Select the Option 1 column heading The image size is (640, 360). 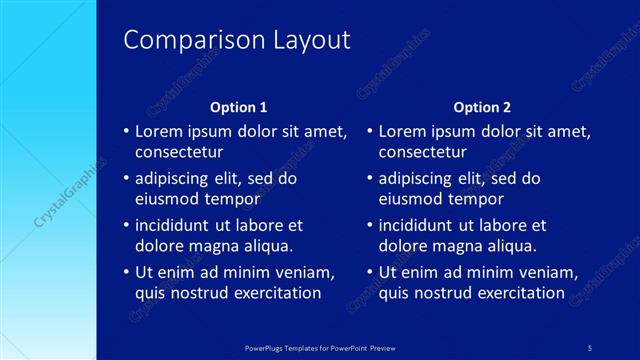(x=238, y=107)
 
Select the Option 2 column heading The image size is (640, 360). (x=482, y=107)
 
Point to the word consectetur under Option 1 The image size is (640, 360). (x=179, y=152)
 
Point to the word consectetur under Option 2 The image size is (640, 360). (x=423, y=152)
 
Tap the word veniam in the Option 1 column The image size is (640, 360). (x=307, y=271)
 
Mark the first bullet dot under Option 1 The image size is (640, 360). (x=125, y=131)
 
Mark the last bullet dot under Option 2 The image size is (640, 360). (x=369, y=271)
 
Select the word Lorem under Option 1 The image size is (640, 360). (x=157, y=131)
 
